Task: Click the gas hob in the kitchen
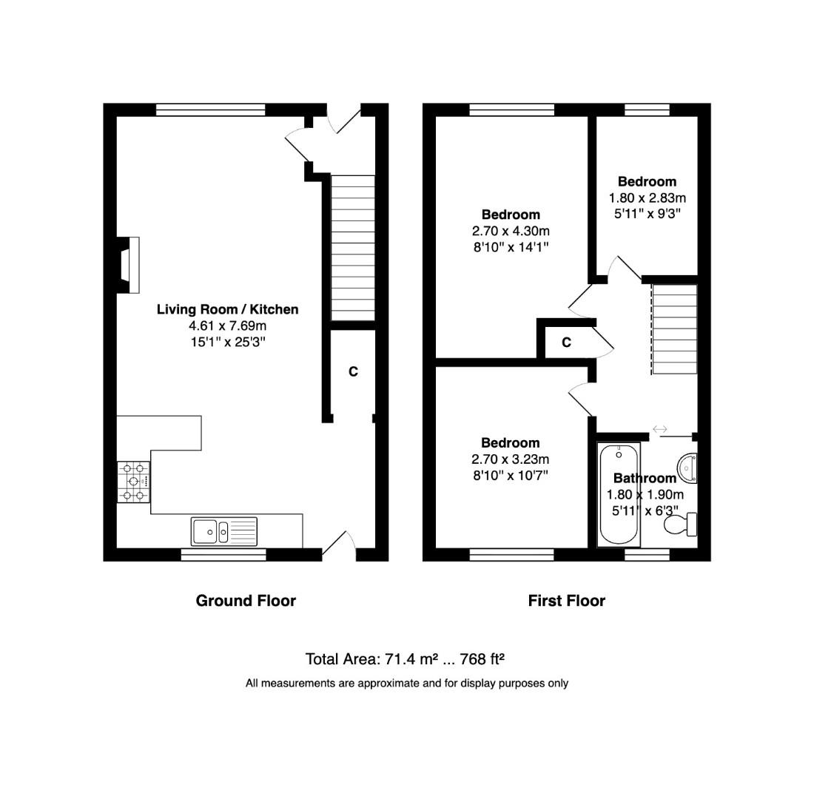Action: [133, 482]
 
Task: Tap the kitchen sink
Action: [223, 531]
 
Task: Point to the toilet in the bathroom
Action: [680, 525]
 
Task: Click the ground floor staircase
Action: [353, 247]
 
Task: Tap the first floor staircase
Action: [674, 329]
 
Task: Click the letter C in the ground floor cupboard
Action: [353, 371]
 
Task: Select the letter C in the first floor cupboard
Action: [566, 343]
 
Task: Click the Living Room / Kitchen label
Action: [227, 309]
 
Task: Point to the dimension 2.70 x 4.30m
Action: [511, 231]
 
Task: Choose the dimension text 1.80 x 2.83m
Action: [647, 198]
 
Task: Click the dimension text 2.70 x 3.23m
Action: [510, 459]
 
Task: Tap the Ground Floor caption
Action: [246, 601]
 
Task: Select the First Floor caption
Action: [566, 601]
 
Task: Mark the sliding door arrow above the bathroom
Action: [659, 428]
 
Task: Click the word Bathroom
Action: [645, 479]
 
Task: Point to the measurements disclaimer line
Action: [406, 684]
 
